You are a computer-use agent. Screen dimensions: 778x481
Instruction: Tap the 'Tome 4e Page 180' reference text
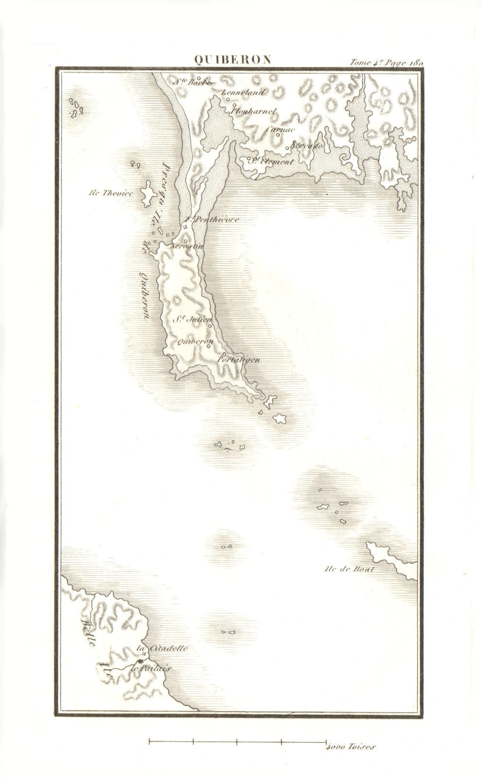386,62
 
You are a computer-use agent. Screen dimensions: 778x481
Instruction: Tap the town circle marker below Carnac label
278,135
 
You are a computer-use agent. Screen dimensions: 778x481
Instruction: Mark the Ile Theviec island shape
148,194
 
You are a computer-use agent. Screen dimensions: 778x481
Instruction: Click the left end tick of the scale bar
149,742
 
